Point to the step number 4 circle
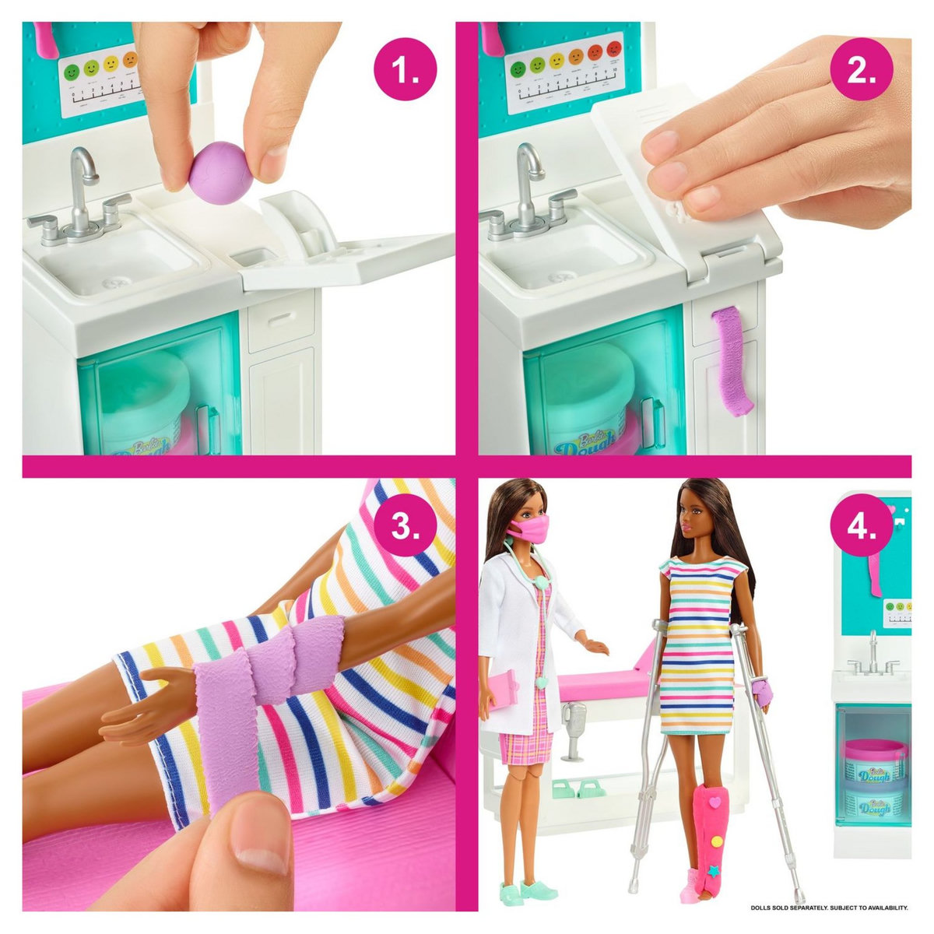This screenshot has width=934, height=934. [861, 526]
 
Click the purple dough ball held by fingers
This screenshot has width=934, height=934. [221, 173]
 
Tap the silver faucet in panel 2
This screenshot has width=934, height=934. [528, 187]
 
